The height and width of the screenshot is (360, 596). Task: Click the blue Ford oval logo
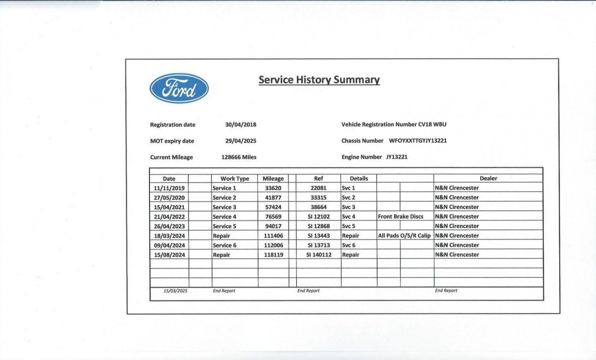[x=179, y=88]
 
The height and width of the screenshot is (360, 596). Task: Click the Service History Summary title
[x=319, y=80]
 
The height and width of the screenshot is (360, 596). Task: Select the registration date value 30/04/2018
[x=240, y=124]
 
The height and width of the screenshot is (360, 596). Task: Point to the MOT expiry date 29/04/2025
[x=240, y=141]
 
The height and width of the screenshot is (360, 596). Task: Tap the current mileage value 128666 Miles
[x=239, y=157]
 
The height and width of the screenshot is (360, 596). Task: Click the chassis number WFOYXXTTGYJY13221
[x=418, y=141]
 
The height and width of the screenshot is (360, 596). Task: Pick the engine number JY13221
[x=397, y=157]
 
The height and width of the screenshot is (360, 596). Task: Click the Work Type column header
[x=234, y=178]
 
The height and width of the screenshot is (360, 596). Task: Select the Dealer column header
[x=488, y=178]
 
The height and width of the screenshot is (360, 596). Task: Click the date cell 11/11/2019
[x=169, y=188]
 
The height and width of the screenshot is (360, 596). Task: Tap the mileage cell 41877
[x=273, y=197]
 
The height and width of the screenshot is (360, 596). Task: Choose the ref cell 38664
[x=318, y=207]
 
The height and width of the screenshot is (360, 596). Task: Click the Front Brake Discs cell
[x=401, y=217]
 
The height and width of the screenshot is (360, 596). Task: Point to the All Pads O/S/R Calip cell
[x=404, y=236]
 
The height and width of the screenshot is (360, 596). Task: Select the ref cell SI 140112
[x=319, y=255]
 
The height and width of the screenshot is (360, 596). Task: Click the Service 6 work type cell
[x=224, y=245]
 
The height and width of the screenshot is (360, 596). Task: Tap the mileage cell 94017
[x=273, y=226]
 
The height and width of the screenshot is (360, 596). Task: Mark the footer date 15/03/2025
[x=175, y=291]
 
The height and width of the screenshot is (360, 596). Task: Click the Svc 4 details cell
[x=348, y=217]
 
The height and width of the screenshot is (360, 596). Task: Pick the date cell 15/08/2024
[x=169, y=255]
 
